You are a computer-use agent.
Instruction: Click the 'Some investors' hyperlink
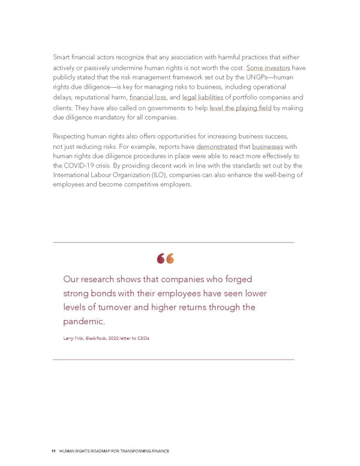tap(268, 68)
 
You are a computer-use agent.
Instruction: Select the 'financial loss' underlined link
tap(148, 97)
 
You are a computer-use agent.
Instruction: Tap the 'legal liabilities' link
tap(203, 97)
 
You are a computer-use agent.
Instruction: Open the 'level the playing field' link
tap(241, 108)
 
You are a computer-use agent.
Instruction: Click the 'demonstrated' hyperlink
tap(217, 147)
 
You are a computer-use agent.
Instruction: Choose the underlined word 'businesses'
tap(267, 147)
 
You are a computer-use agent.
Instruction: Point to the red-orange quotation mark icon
tap(165, 259)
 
